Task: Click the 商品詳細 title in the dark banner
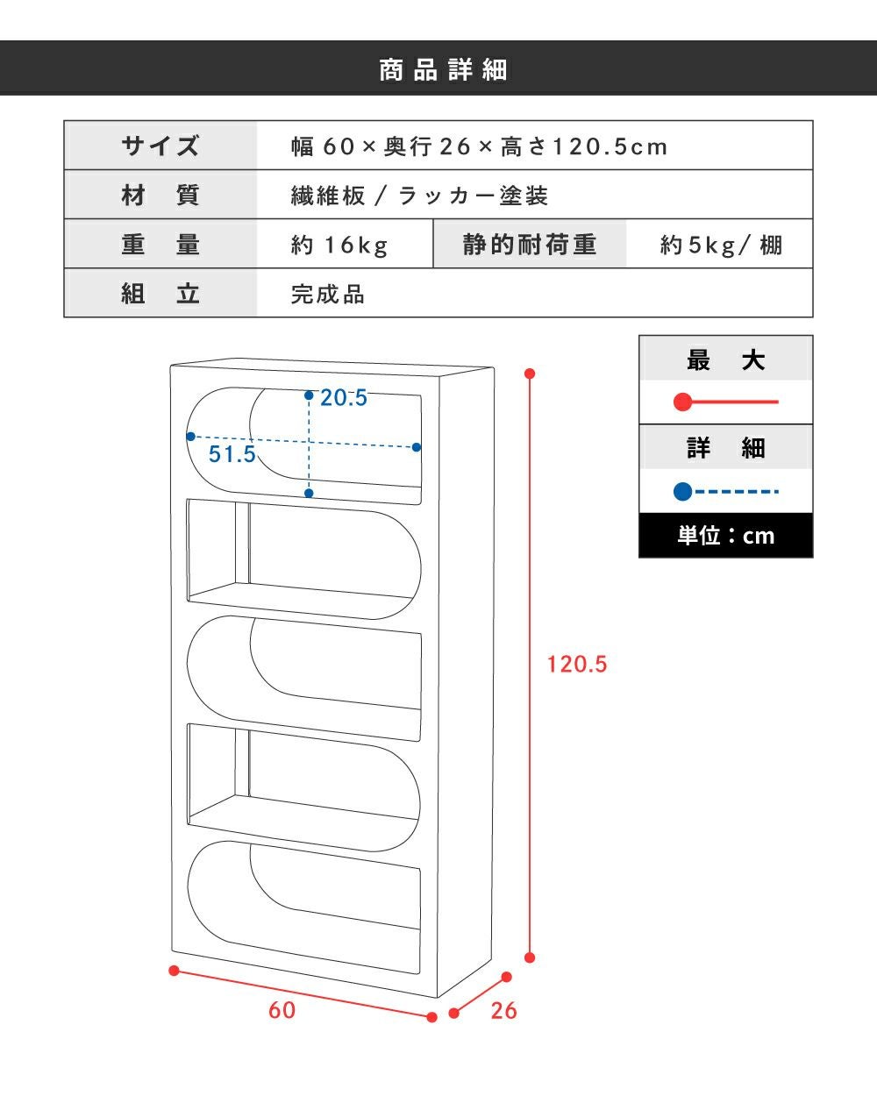click(443, 70)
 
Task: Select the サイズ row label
click(160, 146)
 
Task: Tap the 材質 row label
click(160, 195)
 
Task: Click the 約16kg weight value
click(339, 245)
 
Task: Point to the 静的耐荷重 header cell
click(530, 245)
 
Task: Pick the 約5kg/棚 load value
click(721, 245)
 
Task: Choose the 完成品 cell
click(328, 294)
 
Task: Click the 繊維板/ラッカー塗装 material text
click(419, 196)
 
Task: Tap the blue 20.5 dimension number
click(344, 397)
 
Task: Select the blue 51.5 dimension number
click(232, 454)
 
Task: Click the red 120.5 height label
click(577, 665)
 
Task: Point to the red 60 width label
click(282, 1010)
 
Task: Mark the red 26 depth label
click(503, 1011)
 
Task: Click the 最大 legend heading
click(725, 360)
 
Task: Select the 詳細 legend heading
click(725, 448)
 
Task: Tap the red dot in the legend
click(683, 402)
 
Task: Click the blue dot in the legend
click(683, 492)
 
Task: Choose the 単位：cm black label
click(725, 536)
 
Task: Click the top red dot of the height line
click(530, 374)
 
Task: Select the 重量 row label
click(160, 245)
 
